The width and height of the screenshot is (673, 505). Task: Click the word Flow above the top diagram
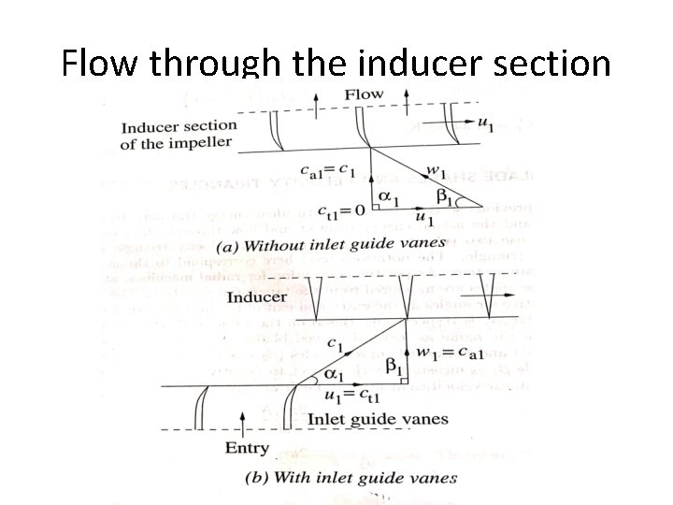click(x=365, y=94)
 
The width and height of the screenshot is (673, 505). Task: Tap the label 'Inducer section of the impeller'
click(x=179, y=134)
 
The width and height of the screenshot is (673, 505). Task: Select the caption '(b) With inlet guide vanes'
click(x=351, y=477)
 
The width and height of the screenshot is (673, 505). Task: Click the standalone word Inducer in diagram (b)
click(x=257, y=296)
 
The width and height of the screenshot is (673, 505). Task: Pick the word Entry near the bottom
click(x=247, y=448)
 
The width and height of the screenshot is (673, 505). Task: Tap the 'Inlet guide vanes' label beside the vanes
click(x=378, y=419)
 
